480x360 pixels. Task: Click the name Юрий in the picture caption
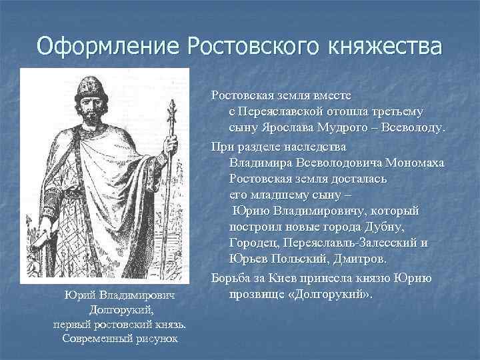[x=78, y=295]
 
